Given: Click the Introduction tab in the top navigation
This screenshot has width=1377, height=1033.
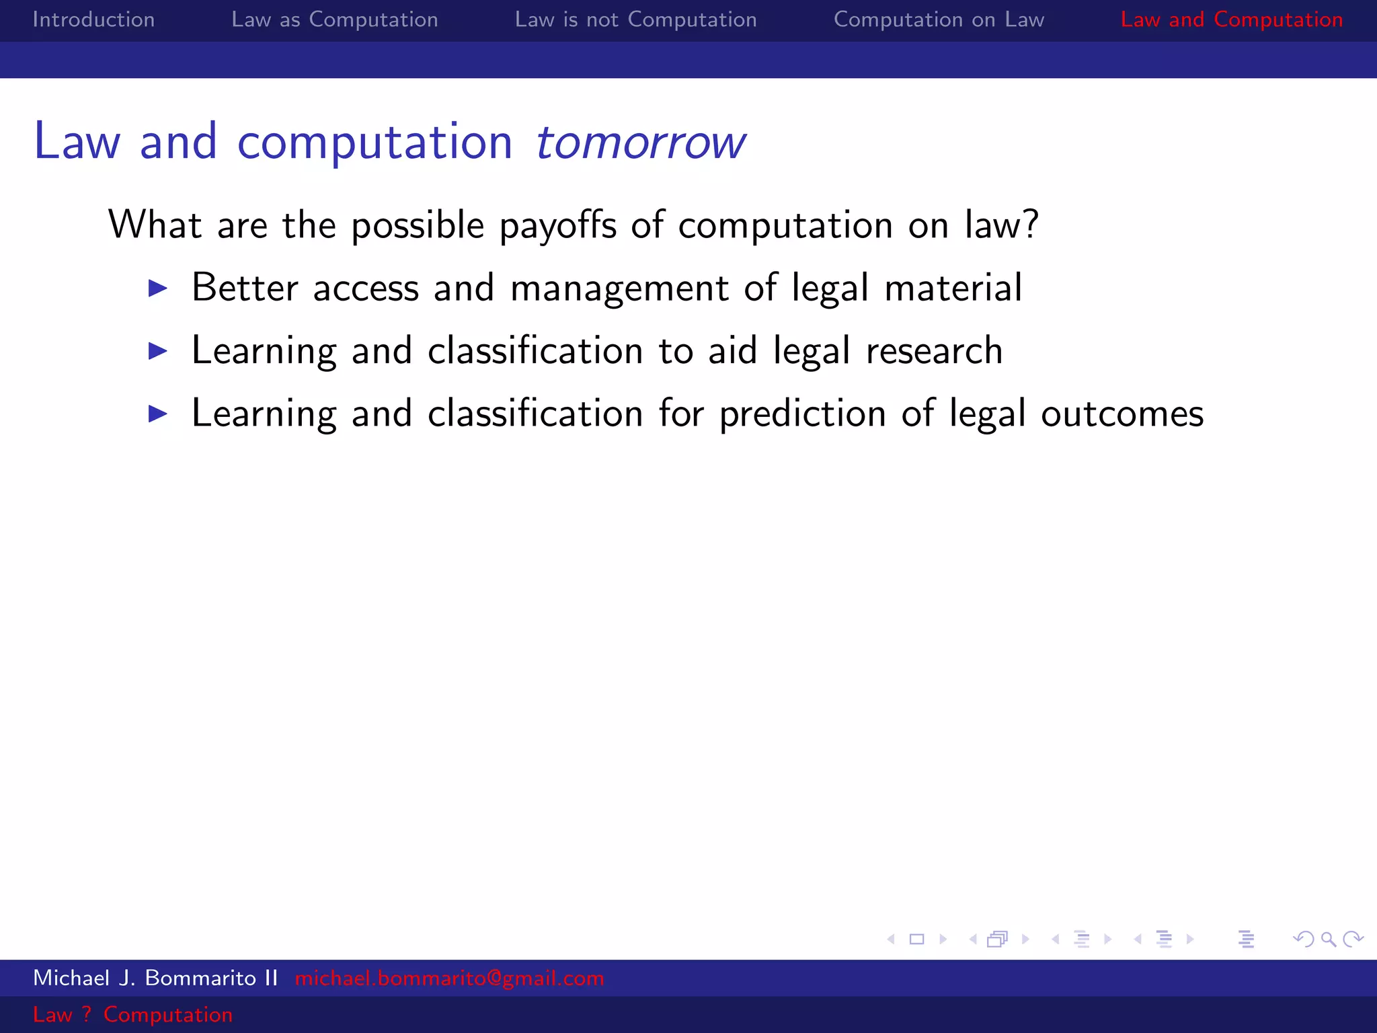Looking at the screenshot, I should click(x=93, y=20).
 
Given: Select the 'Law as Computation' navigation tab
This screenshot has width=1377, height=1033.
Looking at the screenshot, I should click(x=334, y=20).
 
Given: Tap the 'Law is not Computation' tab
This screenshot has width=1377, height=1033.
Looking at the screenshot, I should click(x=635, y=20).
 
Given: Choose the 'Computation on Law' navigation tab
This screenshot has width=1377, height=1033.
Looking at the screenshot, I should click(x=939, y=20).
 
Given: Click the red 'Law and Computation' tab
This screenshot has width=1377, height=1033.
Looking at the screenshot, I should click(x=1231, y=20).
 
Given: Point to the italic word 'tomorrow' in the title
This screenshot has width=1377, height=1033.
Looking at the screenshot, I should click(x=640, y=143).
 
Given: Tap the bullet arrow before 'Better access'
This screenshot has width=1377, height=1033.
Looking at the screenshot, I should click(x=157, y=289).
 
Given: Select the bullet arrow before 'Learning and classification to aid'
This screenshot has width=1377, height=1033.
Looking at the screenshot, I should click(x=157, y=351).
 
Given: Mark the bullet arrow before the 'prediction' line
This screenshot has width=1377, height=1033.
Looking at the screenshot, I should click(x=157, y=414).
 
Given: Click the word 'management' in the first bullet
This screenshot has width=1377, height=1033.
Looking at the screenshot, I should click(x=619, y=289).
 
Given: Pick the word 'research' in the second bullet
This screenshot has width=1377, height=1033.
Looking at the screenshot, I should click(x=934, y=351).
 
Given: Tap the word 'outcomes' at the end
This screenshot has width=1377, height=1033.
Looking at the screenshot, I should click(x=1122, y=414).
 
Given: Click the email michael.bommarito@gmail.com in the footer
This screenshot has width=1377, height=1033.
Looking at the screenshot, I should click(x=449, y=978).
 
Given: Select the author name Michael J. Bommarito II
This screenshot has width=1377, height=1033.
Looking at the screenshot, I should click(x=155, y=978).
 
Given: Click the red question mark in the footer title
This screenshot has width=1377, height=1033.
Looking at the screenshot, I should click(x=87, y=1014).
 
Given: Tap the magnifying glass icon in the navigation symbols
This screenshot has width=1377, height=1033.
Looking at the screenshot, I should click(x=1328, y=939).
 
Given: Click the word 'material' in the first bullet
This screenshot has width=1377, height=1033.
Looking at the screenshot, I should click(x=953, y=289).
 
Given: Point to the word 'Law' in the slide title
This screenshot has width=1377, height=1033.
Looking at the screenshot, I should click(x=77, y=143).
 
